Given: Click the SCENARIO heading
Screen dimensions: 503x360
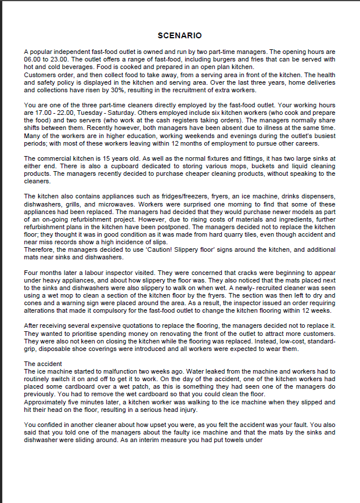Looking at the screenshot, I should pyautogui.click(x=179, y=36).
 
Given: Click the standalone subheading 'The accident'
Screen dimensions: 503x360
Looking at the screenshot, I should pyautogui.click(x=43, y=364).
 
